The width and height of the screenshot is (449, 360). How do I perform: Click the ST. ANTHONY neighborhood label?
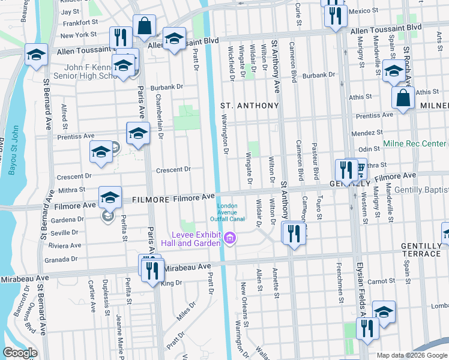(250, 106)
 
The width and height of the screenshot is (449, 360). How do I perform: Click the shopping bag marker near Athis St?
(403, 97)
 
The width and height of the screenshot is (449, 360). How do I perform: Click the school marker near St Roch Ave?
(394, 71)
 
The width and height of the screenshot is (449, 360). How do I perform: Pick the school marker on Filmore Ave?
(110, 198)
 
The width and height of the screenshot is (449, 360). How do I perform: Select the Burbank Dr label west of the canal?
(166, 87)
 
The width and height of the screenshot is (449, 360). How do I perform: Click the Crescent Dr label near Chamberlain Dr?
(173, 170)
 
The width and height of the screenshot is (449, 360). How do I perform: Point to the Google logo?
(20, 353)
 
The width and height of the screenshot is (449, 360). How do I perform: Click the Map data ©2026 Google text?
(411, 355)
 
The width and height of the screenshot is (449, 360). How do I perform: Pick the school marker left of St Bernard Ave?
(36, 55)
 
